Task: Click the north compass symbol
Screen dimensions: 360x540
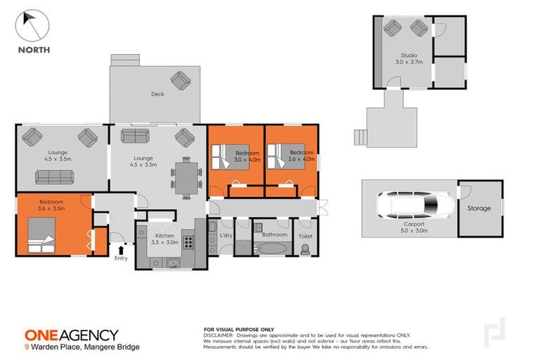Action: (x=32, y=26)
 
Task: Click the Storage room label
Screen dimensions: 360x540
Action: (x=479, y=209)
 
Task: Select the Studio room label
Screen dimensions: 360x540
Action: (x=409, y=56)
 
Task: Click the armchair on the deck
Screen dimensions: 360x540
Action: (x=181, y=81)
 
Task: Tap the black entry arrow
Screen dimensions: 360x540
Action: (x=121, y=249)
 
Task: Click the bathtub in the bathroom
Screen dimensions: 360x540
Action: (x=271, y=248)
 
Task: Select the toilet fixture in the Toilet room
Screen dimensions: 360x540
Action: (x=304, y=249)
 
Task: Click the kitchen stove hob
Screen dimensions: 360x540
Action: (x=188, y=243)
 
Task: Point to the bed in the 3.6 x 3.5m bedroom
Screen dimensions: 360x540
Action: (x=41, y=234)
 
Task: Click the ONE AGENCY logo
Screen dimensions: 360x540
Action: (x=72, y=335)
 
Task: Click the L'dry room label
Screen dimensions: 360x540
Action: (x=226, y=234)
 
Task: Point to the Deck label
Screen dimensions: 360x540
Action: (x=157, y=94)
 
